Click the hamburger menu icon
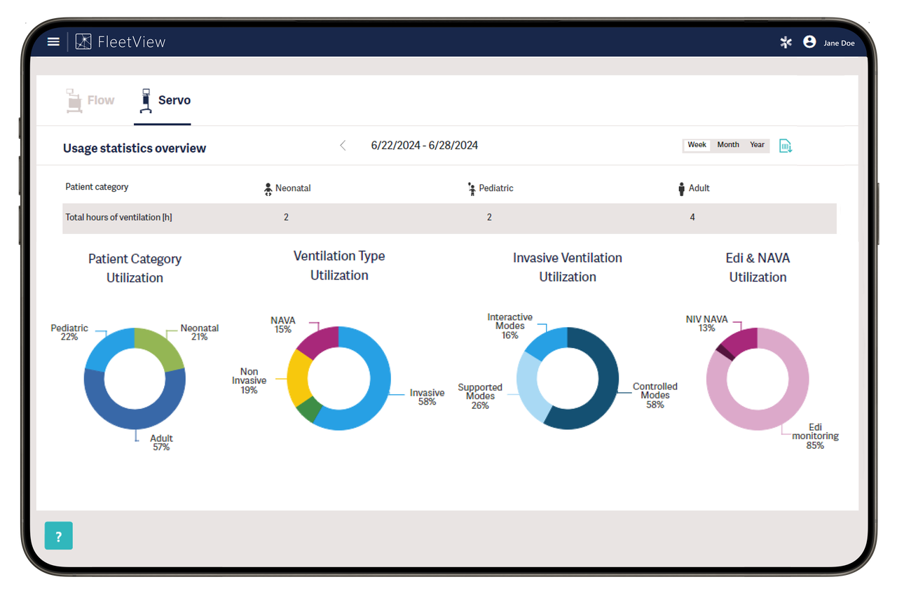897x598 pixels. coord(53,41)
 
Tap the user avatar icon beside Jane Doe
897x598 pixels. coord(809,42)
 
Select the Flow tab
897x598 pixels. coord(90,101)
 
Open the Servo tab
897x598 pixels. coord(165,101)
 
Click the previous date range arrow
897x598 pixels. coord(343,146)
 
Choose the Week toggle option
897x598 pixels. coord(697,145)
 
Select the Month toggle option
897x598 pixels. coord(728,145)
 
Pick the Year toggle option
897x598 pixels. coord(757,145)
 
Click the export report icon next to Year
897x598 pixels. coord(786,146)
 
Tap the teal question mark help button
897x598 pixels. coord(59,536)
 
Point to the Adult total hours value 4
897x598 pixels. coord(692,218)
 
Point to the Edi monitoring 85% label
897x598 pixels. coord(815,436)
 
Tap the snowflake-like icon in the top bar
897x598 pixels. coord(786,42)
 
